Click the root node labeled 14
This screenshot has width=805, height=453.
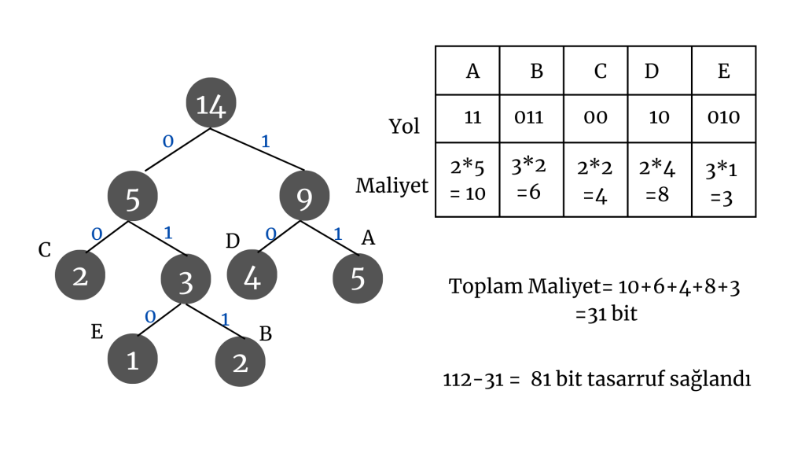pyautogui.click(x=211, y=105)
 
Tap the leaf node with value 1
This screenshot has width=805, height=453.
pyautogui.click(x=133, y=360)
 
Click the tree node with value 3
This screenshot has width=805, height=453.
pyautogui.click(x=186, y=281)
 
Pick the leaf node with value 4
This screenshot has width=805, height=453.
pyautogui.click(x=252, y=278)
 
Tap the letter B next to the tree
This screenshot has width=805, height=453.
pyautogui.click(x=266, y=334)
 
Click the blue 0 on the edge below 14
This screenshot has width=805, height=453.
pyautogui.click(x=167, y=142)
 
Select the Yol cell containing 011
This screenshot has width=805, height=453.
pyautogui.click(x=531, y=118)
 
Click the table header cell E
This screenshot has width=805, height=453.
pyautogui.click(x=723, y=72)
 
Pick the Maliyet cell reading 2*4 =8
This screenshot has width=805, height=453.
pyautogui.click(x=659, y=179)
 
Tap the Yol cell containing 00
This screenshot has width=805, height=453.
pyautogui.click(x=595, y=118)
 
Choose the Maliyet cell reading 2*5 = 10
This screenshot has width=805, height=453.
pyautogui.click(x=468, y=179)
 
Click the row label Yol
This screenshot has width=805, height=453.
pyautogui.click(x=404, y=126)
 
